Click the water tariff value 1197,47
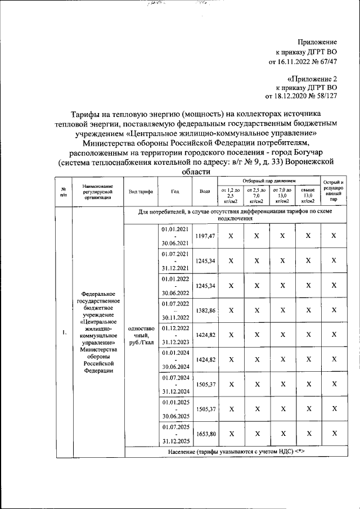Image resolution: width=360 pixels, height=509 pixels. pyautogui.click(x=205, y=237)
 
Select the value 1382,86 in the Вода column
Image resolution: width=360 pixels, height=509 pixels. pyautogui.click(x=205, y=310)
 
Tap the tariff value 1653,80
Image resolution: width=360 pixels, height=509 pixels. pyautogui.click(x=205, y=433)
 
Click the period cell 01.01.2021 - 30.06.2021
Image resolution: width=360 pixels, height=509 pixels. pyautogui.click(x=175, y=237)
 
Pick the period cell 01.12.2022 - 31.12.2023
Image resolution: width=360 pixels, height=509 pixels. pyautogui.click(x=175, y=334)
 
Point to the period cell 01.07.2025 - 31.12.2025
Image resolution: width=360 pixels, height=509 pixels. pyautogui.click(x=175, y=433)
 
